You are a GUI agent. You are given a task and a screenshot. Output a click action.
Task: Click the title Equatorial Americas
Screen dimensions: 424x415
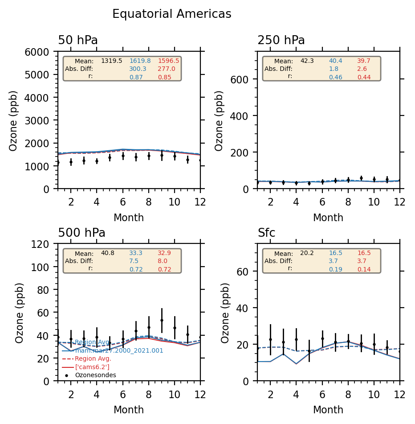(x=171, y=14)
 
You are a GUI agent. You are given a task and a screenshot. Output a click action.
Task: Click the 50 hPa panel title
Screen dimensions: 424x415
(x=78, y=41)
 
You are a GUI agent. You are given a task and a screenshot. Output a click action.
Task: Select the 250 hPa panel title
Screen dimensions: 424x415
(x=281, y=41)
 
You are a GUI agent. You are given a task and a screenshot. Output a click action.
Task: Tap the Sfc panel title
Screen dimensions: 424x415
(x=266, y=233)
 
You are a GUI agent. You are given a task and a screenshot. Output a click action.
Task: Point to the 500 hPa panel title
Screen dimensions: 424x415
(x=81, y=233)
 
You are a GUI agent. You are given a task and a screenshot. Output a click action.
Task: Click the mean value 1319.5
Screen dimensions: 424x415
(x=111, y=61)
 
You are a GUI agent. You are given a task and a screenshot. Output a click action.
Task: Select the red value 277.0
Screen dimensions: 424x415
(x=166, y=69)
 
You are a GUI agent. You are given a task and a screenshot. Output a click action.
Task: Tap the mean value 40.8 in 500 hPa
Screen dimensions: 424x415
(x=107, y=253)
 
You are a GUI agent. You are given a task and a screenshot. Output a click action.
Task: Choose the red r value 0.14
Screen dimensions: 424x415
(x=364, y=269)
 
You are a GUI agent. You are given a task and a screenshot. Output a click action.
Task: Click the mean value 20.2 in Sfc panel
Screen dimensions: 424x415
(x=307, y=253)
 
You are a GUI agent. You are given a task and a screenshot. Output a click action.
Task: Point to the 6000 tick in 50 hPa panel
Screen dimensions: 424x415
(x=43, y=52)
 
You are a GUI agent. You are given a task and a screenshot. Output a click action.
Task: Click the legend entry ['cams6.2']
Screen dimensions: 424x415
(x=90, y=366)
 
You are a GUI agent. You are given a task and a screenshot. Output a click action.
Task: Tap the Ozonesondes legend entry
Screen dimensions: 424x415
(x=95, y=375)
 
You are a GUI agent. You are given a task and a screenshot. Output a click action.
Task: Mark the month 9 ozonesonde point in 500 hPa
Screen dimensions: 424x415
(x=162, y=320)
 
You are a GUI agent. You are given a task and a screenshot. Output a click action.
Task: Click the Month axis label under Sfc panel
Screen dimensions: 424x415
(x=328, y=410)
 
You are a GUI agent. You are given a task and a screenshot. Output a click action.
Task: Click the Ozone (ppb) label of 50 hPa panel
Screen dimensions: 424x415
(x=13, y=120)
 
